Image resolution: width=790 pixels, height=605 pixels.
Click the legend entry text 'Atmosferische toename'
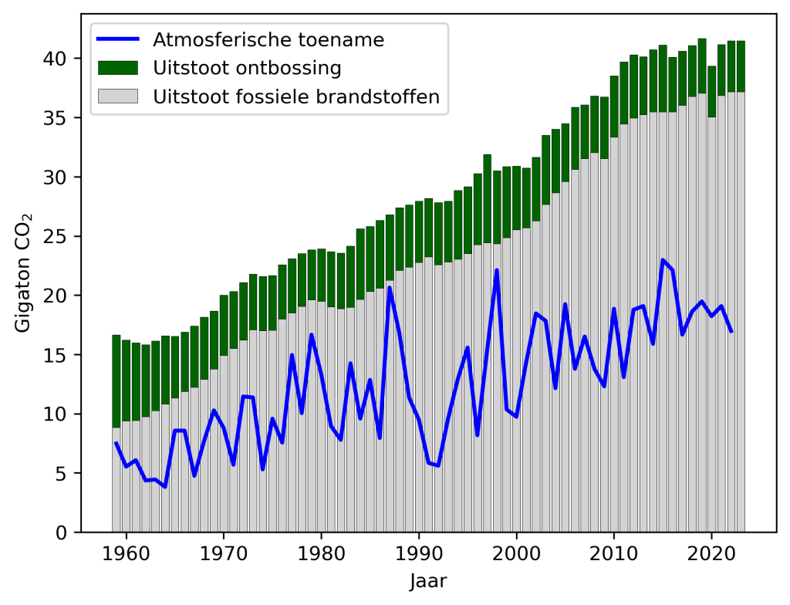[x=268, y=39]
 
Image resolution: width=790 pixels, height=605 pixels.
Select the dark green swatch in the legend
[x=117, y=68]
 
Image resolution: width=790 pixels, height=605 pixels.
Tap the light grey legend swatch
[x=117, y=96]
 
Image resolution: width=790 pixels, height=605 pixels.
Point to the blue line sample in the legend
[x=117, y=39]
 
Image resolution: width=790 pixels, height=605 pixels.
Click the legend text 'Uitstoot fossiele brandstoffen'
[x=296, y=96]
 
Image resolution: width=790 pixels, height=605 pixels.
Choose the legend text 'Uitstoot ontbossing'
[x=247, y=68]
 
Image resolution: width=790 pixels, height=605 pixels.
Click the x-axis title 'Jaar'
[x=428, y=580]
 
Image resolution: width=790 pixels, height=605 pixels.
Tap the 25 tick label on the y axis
[x=58, y=236]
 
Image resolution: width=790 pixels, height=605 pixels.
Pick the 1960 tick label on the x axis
[x=126, y=553]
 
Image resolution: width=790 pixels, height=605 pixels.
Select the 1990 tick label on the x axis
[x=419, y=553]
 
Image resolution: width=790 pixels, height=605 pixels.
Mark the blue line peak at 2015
[x=663, y=260]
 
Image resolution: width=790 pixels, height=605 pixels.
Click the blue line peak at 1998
[x=497, y=270]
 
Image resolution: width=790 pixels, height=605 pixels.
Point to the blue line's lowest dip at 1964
[x=165, y=486]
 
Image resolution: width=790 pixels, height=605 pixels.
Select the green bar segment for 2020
[x=712, y=92]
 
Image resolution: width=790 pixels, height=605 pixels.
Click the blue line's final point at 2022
[x=731, y=332]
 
